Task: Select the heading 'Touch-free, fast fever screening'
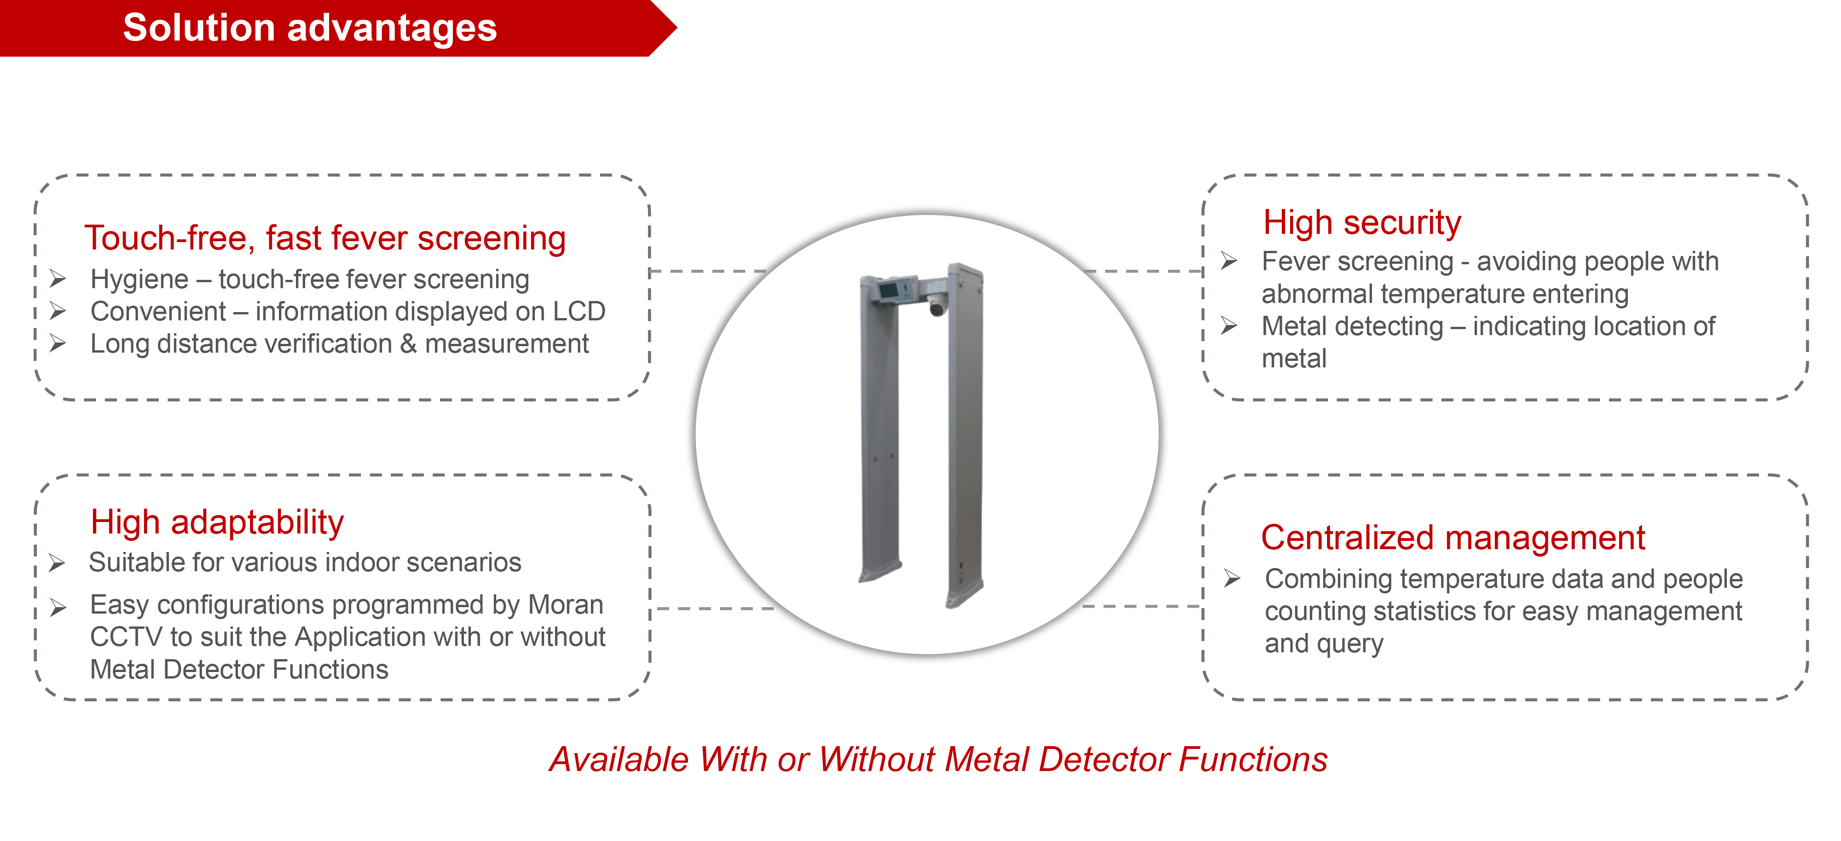325,238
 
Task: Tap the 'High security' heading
1362,222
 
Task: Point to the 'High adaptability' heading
217,522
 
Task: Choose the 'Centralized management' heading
1453,537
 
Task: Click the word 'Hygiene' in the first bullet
139,279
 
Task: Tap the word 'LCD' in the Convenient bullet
579,312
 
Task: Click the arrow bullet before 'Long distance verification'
58,344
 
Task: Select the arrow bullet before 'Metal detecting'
1229,326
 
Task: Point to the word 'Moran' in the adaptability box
565,605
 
